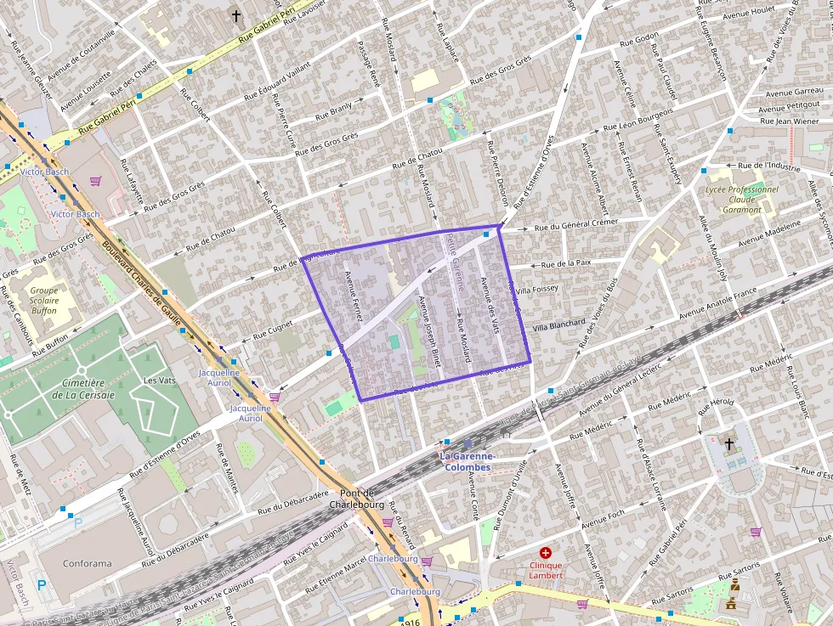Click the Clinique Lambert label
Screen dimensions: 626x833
point(546,570)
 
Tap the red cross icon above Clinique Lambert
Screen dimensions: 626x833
point(546,553)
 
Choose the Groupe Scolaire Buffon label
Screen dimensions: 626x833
point(43,300)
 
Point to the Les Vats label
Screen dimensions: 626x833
point(161,380)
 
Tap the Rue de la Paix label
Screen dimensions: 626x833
point(565,264)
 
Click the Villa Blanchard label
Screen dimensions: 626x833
point(558,325)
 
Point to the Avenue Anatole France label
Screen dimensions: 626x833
point(717,303)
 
